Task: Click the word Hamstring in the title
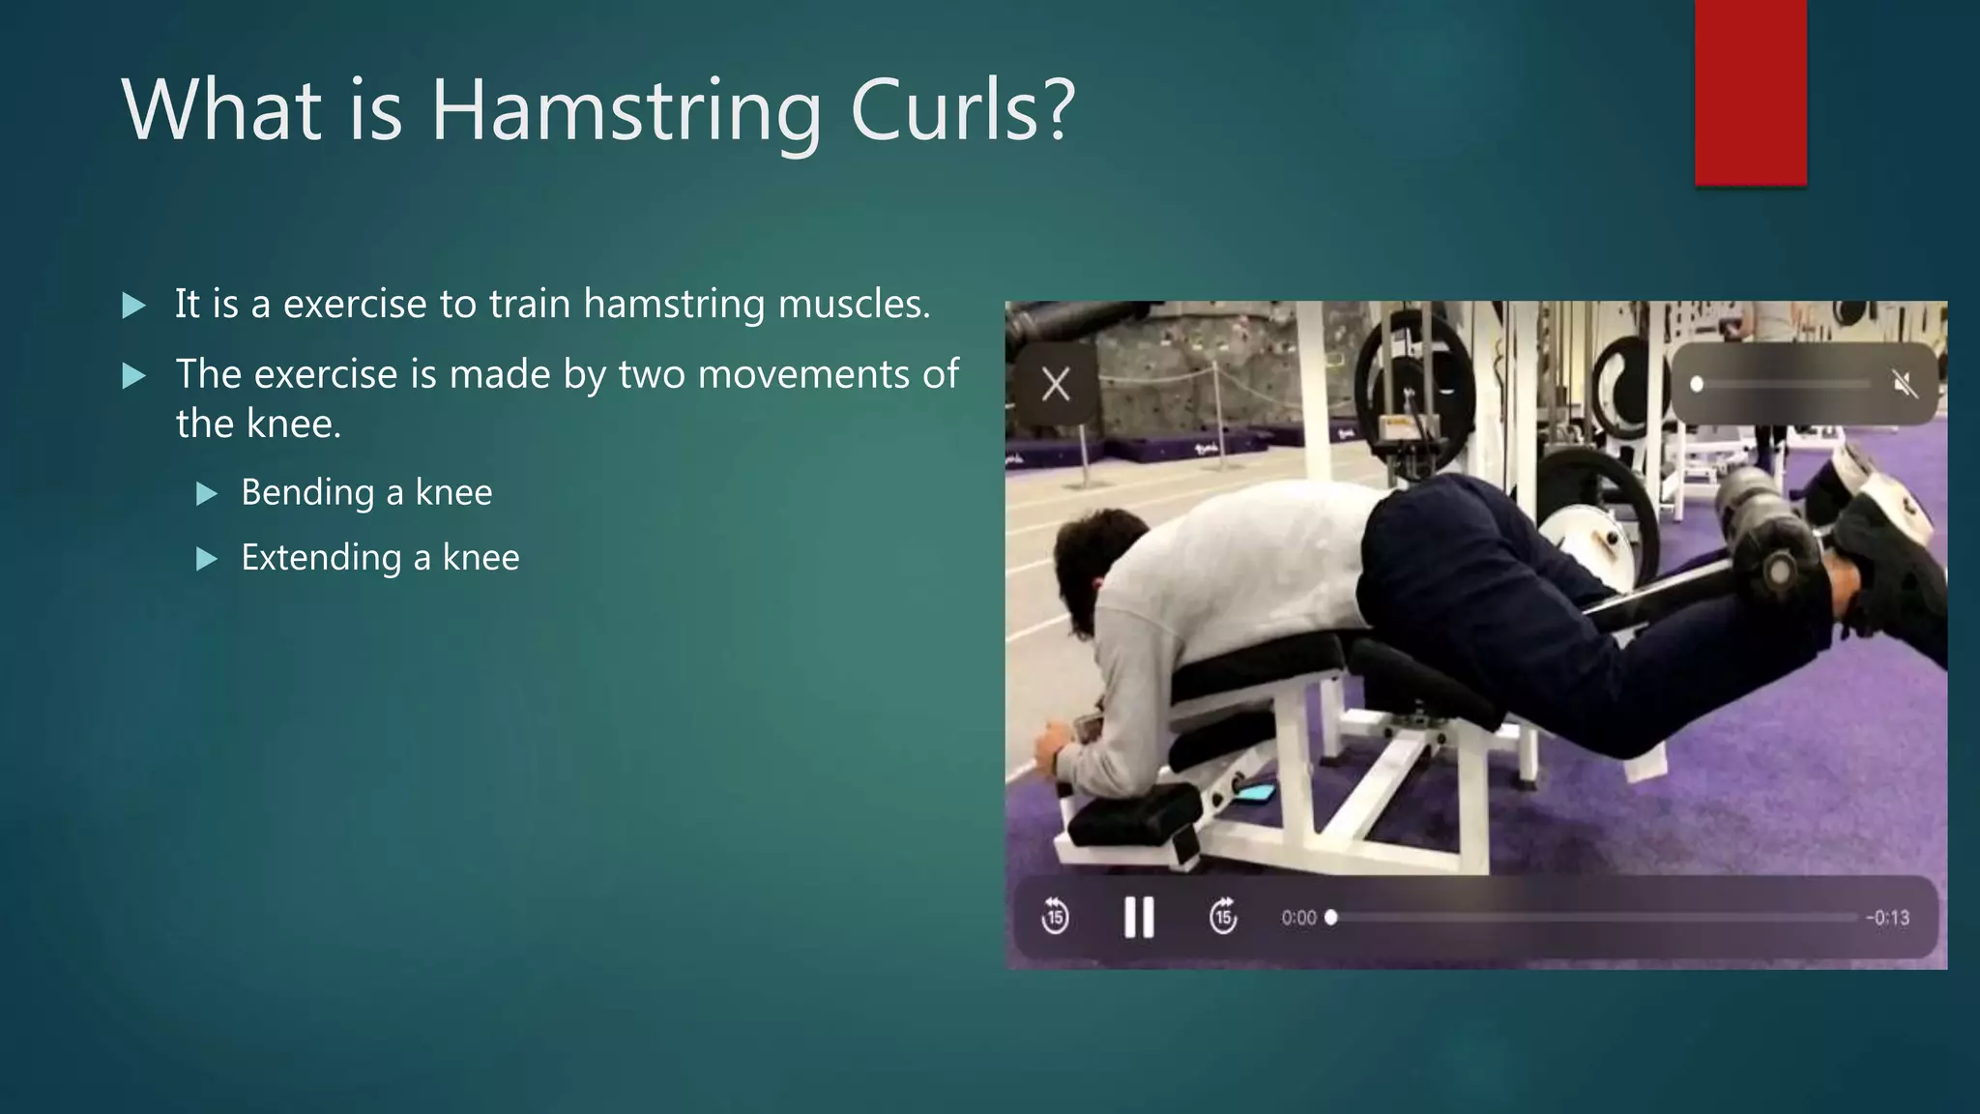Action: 626,110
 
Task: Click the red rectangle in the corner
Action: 1750,92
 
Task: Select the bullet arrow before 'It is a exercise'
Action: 134,307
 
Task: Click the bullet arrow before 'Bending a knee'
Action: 207,495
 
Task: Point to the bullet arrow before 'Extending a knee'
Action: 207,559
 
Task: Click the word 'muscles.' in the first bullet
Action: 854,304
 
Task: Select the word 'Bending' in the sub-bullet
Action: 307,492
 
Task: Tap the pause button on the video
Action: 1139,917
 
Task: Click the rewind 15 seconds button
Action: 1055,916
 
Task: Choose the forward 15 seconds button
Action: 1223,916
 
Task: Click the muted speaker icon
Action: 1904,385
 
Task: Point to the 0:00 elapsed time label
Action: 1298,918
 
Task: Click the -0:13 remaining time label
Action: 1887,918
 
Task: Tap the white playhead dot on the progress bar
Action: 1331,917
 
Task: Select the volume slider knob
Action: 1697,385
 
